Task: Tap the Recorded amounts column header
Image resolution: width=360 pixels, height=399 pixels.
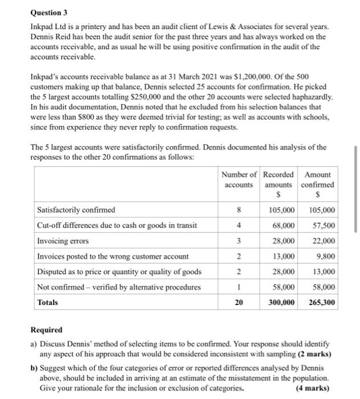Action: tap(280, 180)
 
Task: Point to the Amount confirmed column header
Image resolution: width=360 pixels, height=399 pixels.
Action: tap(318, 180)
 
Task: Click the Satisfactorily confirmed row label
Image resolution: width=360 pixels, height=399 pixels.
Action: tap(76, 210)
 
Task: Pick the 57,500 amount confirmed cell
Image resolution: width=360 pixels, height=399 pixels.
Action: tap(323, 225)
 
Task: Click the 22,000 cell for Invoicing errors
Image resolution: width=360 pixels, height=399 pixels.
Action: tap(323, 241)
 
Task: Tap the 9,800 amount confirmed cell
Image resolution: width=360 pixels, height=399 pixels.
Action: tap(326, 256)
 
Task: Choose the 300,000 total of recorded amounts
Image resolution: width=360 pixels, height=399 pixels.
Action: tap(281, 302)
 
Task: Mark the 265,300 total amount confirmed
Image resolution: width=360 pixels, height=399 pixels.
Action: tap(321, 302)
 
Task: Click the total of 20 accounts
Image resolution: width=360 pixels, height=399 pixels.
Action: tap(238, 302)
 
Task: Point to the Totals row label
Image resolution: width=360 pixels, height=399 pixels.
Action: tap(47, 302)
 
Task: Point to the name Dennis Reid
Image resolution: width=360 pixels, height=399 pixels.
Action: tap(51, 36)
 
